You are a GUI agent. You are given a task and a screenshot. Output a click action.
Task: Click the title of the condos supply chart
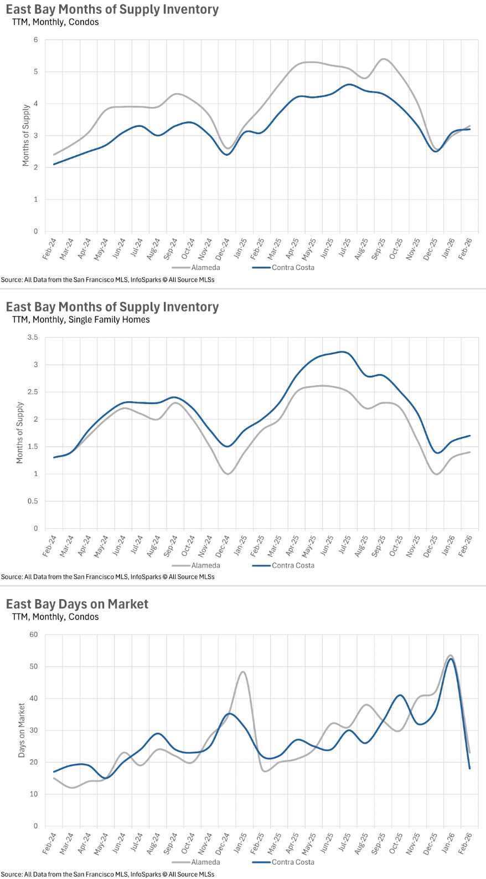coord(112,9)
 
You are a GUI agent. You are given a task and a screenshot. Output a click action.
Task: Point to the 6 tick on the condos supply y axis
coord(36,40)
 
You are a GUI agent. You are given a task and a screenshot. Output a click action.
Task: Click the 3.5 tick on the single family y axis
coord(33,338)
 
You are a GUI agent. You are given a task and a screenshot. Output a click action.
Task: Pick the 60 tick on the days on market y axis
coord(34,635)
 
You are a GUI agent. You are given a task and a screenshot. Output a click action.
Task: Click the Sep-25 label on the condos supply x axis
coord(379,249)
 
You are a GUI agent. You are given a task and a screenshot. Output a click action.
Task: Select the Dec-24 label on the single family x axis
coord(223,546)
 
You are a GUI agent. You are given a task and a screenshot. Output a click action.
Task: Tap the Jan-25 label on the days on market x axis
coord(240,843)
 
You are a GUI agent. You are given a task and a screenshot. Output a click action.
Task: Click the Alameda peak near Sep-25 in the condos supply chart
coord(383,59)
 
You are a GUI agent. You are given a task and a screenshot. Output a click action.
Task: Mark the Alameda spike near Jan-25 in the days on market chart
coord(242,672)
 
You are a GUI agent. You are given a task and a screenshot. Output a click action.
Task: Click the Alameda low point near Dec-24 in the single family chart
coord(228,474)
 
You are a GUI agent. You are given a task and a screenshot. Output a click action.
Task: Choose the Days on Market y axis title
coord(22,730)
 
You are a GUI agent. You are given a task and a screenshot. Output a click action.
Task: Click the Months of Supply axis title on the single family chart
coord(20,433)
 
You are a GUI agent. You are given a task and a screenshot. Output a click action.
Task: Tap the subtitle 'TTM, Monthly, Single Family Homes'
coord(81,320)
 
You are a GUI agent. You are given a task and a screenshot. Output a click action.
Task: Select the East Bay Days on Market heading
coord(77,604)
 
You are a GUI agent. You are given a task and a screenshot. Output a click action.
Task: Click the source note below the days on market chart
coord(108,874)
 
